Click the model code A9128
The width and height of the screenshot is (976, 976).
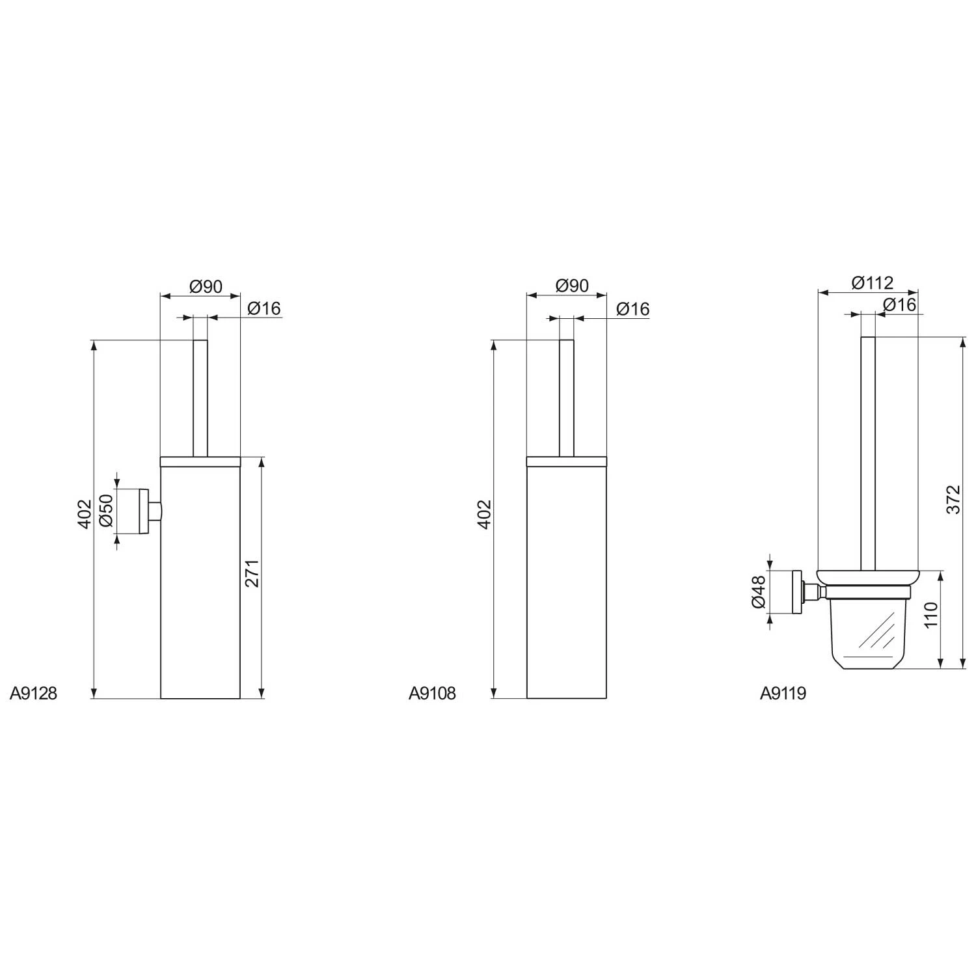33,694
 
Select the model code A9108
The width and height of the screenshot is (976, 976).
432,694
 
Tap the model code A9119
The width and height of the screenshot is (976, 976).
783,694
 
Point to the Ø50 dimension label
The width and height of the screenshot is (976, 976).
107,511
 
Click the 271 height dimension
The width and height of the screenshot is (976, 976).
252,573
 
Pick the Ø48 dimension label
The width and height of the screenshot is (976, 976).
759,593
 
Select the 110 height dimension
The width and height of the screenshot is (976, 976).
931,615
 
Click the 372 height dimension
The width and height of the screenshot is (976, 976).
953,499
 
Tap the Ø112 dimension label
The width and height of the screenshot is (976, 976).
872,282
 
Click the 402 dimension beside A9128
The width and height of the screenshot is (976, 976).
84,514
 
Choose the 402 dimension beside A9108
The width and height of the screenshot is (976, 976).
483,514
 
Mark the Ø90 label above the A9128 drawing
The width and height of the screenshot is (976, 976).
206,286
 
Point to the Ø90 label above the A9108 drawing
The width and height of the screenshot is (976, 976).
572,285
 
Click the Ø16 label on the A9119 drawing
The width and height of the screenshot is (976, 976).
899,304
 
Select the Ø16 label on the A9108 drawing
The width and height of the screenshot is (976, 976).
632,308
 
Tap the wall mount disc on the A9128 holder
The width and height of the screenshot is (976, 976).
144,511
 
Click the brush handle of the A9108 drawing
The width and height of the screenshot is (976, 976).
567,397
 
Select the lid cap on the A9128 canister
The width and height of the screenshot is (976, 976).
200,462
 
